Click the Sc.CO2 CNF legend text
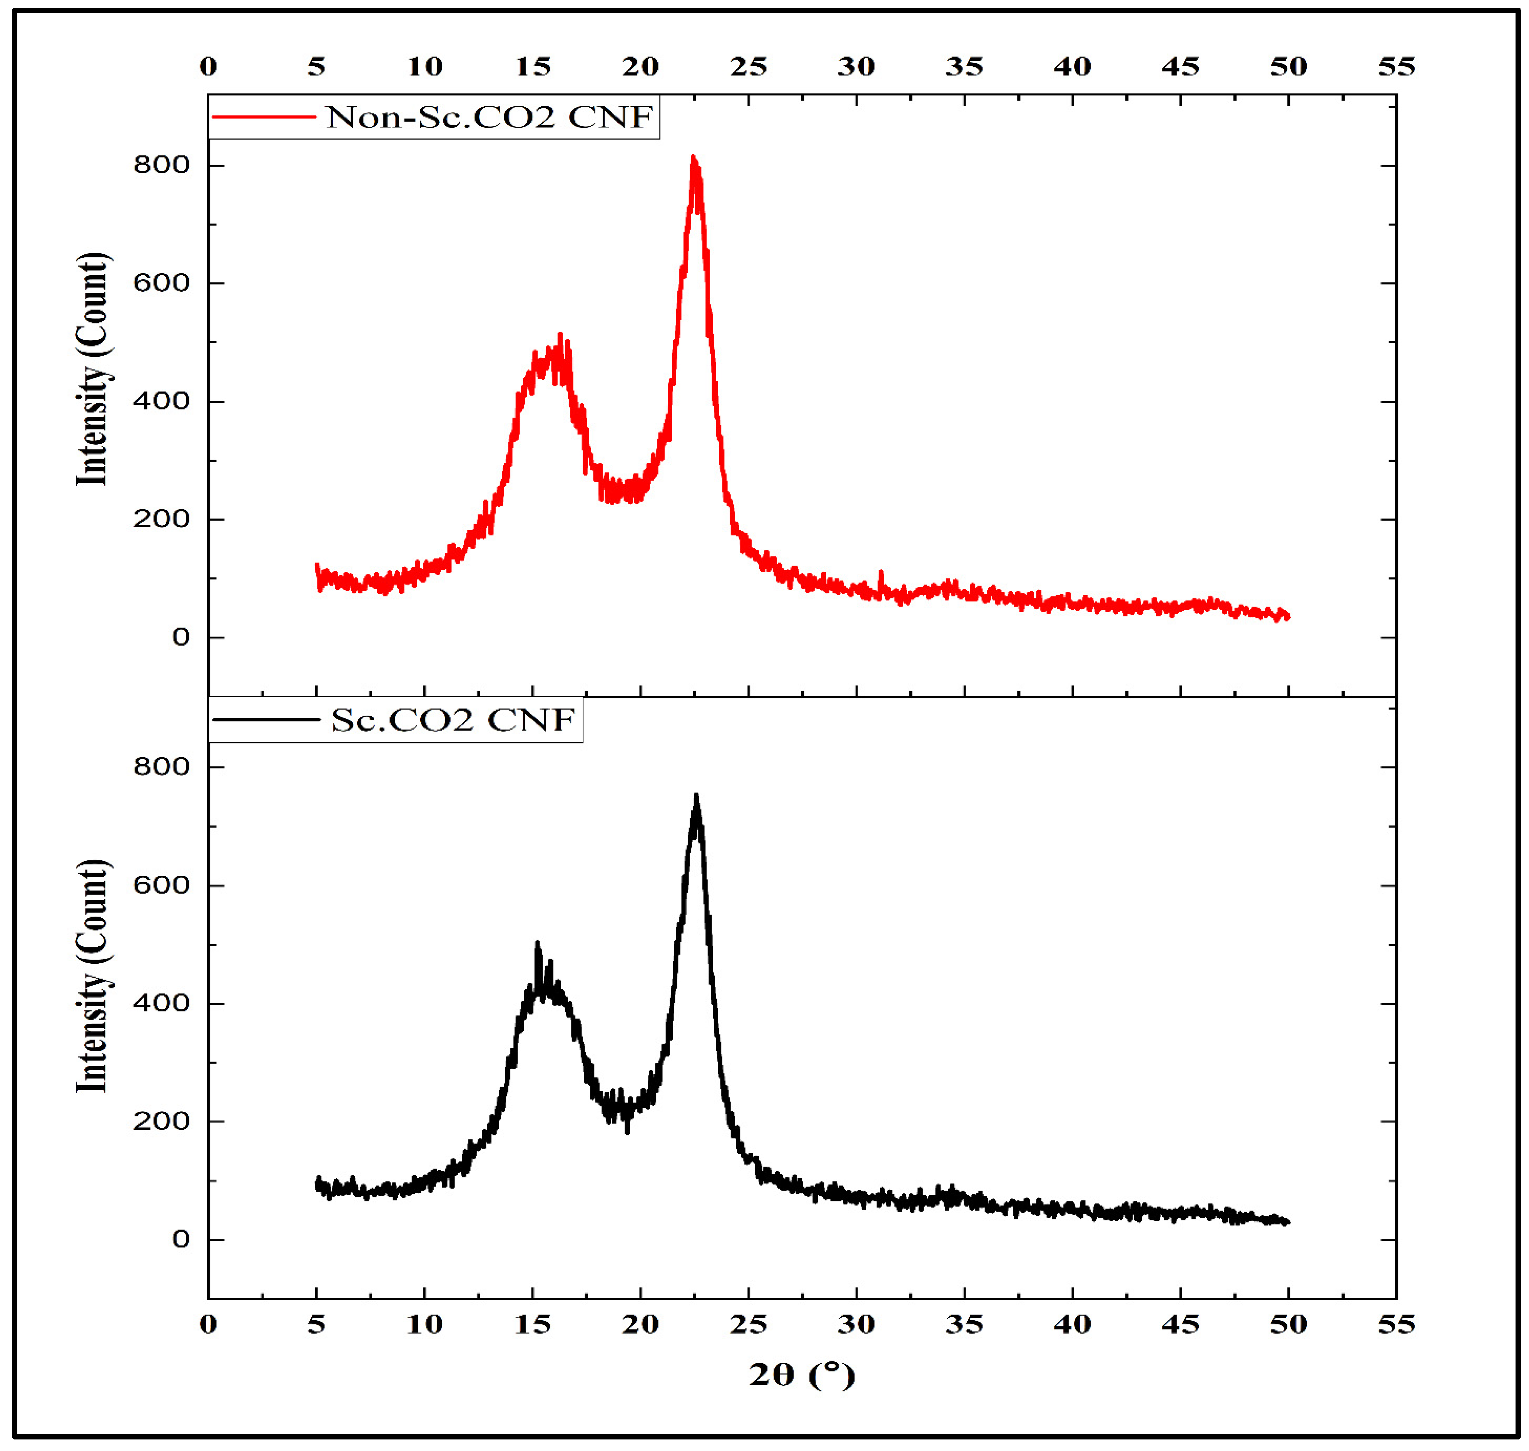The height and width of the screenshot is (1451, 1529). tap(453, 720)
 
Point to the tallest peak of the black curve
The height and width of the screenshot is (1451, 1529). tap(696, 796)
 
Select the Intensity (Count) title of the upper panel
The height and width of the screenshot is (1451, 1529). tap(93, 370)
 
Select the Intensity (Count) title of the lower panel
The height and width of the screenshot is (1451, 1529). tap(93, 976)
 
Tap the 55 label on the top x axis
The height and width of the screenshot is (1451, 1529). tap(1396, 67)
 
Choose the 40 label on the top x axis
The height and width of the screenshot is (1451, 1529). tap(1072, 67)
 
